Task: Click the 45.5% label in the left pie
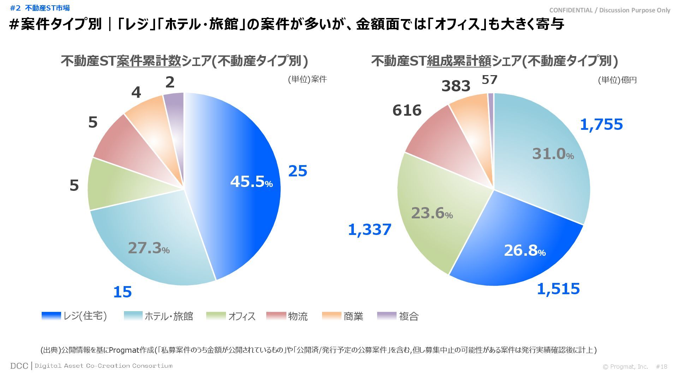[251, 182]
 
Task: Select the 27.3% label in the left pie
[149, 248]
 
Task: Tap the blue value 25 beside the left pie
[298, 171]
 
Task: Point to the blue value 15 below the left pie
[122, 292]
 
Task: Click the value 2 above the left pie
[170, 83]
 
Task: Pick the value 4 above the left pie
[136, 93]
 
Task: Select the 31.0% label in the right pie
[553, 154]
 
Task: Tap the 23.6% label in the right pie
[432, 213]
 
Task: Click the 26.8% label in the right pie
[525, 250]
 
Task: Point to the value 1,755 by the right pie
[601, 125]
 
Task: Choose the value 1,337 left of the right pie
[370, 230]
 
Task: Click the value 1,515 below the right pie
[558, 289]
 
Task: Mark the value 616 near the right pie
[407, 110]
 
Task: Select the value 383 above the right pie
[456, 86]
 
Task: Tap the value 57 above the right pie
[489, 80]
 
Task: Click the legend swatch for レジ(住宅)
[51, 316]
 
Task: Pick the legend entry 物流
[298, 316]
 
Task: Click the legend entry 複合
[409, 316]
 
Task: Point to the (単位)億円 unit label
[617, 80]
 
